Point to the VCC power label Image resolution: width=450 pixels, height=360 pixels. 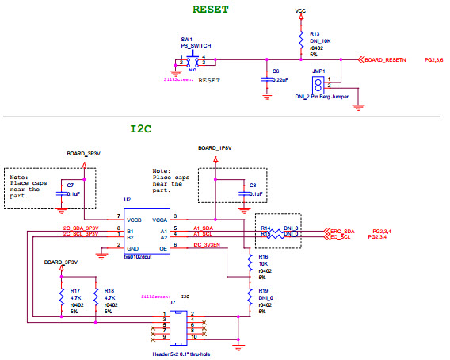coord(300,11)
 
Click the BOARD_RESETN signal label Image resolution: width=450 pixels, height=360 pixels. coord(386,59)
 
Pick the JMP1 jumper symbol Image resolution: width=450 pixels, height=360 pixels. coord(317,85)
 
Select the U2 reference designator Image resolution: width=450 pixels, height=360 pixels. coord(127,201)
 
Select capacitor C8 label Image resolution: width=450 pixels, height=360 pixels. coord(253,185)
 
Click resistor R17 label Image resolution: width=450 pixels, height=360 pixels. coord(74,291)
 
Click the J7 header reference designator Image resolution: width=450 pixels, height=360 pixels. coord(173,303)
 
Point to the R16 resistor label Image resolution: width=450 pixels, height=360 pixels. coord(264,258)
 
